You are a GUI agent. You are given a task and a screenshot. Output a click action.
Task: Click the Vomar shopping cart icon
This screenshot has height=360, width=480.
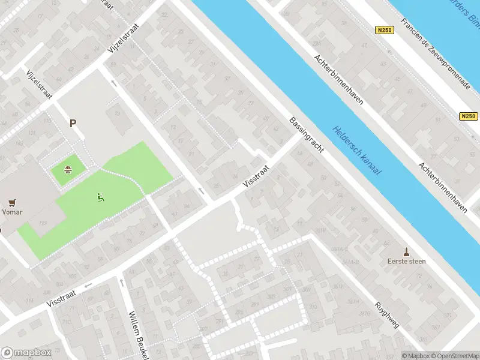click(x=11, y=203)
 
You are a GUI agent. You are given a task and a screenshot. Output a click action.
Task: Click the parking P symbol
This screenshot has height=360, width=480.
click(x=73, y=124)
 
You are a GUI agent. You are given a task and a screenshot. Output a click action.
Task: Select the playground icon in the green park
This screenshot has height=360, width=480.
click(x=101, y=196)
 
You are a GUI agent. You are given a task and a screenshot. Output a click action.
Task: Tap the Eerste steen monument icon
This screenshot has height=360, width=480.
click(x=407, y=251)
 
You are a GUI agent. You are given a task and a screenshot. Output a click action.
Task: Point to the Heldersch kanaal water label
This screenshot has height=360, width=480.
click(x=357, y=149)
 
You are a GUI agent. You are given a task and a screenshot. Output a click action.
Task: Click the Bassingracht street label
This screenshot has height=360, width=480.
click(x=306, y=134)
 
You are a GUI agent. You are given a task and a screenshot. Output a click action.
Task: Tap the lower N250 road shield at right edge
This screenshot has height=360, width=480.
click(x=469, y=116)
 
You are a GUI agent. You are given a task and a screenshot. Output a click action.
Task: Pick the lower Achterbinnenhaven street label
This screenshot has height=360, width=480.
click(x=443, y=187)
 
